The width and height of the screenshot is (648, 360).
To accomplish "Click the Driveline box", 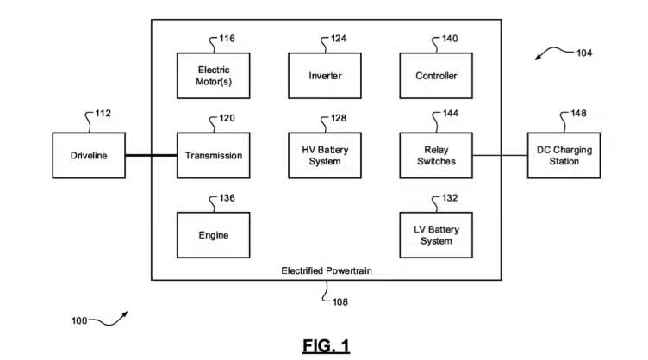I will [x=89, y=155].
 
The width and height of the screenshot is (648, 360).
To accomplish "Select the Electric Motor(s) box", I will [x=214, y=76].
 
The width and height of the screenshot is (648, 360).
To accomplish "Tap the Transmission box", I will [x=214, y=155].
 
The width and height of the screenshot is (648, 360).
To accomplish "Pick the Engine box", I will [x=214, y=235].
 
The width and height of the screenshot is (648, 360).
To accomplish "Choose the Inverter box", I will [x=325, y=76].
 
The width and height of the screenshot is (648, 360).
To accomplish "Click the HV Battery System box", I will [x=325, y=155].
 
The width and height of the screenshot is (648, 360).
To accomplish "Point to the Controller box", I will [x=436, y=76].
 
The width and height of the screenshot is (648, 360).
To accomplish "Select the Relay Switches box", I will [x=436, y=155].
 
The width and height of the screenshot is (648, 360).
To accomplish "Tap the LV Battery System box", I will [x=436, y=235].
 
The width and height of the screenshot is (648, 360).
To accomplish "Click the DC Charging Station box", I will [x=564, y=155].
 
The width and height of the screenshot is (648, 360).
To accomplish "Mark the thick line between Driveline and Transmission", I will [x=151, y=156].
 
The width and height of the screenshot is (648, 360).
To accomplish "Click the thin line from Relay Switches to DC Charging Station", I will [x=500, y=156].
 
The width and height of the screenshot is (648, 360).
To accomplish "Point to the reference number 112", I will [x=103, y=113].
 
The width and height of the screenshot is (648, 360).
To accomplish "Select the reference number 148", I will [x=578, y=113].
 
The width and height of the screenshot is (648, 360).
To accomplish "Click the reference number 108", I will [x=340, y=302].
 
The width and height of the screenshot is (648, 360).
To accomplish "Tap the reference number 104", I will [x=584, y=53].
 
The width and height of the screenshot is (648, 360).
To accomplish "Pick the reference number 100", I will [x=78, y=321].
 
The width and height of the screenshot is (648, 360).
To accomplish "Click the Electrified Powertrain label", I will [x=325, y=270].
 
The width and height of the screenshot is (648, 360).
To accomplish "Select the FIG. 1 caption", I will [x=326, y=345].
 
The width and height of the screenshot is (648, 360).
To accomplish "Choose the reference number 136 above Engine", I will [x=227, y=198].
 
